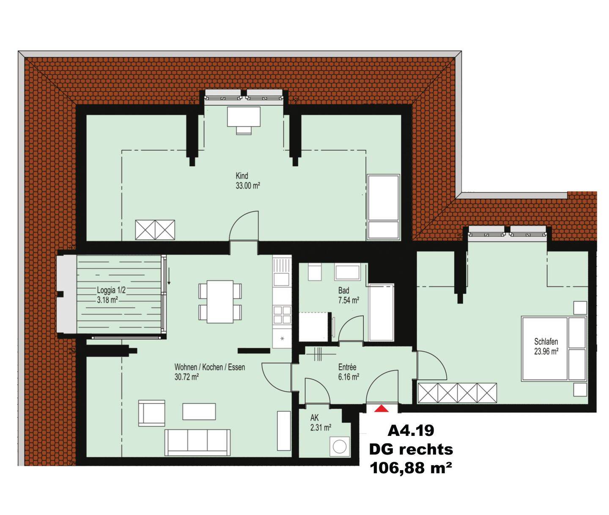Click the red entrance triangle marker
[381, 408]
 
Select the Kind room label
[241, 176]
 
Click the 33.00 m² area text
[248, 186]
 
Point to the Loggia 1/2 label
[111, 290]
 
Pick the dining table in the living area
[220, 302]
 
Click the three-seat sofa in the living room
[198, 443]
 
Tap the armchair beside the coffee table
[151, 413]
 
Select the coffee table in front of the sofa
[199, 411]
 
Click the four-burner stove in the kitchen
[282, 315]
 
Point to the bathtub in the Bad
[381, 312]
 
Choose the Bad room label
[343, 290]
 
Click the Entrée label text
[347, 367]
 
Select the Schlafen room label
[546, 342]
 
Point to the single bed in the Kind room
[383, 207]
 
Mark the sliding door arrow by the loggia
[169, 276]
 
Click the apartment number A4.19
[411, 431]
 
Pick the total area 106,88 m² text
[411, 468]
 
